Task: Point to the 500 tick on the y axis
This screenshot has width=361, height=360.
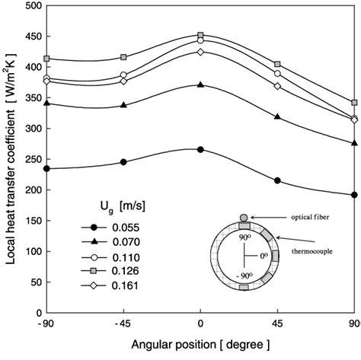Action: pos(32,8)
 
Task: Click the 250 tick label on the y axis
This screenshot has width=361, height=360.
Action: pos(32,160)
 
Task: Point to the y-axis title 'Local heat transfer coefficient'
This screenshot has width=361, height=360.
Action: pos(9,160)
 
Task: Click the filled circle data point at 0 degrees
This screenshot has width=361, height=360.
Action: pos(200,150)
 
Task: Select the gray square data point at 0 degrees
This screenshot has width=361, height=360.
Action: pos(200,35)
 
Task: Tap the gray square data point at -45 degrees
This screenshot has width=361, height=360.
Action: pos(123,57)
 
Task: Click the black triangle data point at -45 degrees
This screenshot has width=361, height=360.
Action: pos(123,105)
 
